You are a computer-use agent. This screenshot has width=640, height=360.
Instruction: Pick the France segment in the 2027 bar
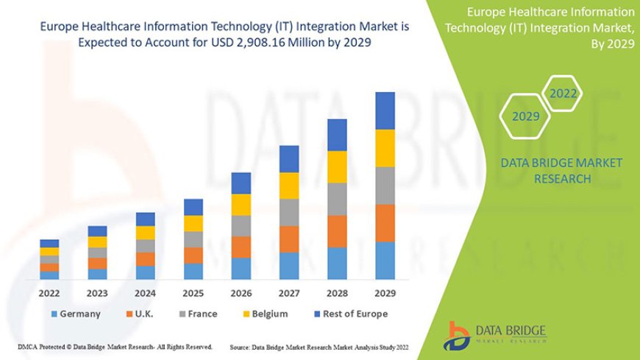click(289, 212)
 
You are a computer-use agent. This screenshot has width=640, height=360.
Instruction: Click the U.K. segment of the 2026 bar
click(241, 247)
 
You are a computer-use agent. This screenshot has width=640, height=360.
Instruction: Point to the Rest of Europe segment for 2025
click(193, 207)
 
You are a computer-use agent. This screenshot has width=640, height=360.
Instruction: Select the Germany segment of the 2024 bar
click(146, 272)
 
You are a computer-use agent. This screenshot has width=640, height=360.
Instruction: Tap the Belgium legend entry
click(264, 314)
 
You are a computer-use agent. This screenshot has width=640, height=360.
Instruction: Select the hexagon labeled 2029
click(525, 116)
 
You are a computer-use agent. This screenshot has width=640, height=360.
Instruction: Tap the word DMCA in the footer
click(25, 346)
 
